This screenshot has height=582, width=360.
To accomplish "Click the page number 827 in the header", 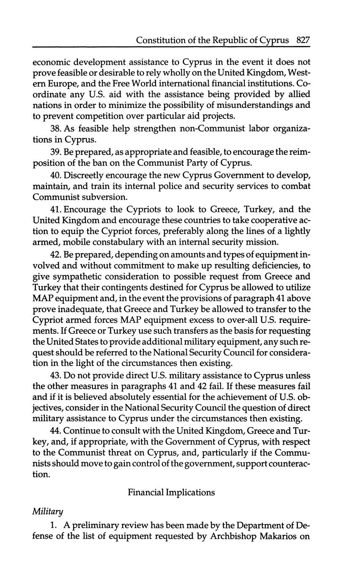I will point(303,40).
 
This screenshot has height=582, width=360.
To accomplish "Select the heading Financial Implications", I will point(171,492).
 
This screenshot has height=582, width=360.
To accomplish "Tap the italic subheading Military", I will point(48,511).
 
